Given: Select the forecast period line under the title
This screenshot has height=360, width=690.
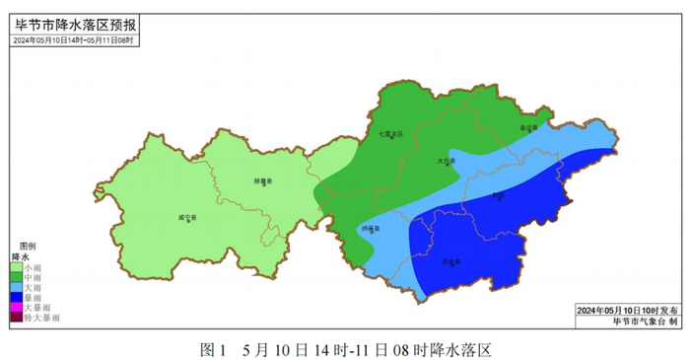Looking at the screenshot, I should pyautogui.click(x=73, y=40).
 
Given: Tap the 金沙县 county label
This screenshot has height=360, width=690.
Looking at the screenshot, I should pyautogui.click(x=529, y=128).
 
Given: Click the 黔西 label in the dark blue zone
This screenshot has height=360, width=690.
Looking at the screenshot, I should pyautogui.click(x=499, y=195).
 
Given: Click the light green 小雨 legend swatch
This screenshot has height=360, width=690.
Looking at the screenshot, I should pyautogui.click(x=17, y=266).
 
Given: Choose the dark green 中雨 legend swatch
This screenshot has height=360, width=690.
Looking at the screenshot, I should pyautogui.click(x=17, y=276).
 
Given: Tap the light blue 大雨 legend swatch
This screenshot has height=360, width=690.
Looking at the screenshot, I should pyautogui.click(x=17, y=286).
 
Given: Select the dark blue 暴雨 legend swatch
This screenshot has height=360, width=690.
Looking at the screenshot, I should pyautogui.click(x=17, y=297).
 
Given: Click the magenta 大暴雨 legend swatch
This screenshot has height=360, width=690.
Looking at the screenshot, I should pyautogui.click(x=17, y=307).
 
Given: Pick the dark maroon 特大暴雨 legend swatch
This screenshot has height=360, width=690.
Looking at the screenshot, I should pyautogui.click(x=17, y=318).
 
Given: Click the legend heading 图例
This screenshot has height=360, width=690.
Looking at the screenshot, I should pyautogui.click(x=28, y=245).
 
